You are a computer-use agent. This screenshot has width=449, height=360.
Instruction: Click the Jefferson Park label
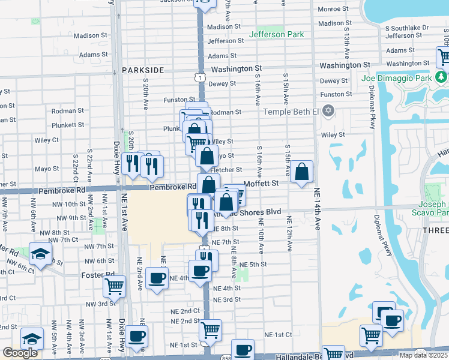click(276, 35)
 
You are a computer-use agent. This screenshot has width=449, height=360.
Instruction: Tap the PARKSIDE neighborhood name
click(142, 70)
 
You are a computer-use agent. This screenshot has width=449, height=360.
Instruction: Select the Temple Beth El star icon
click(328, 111)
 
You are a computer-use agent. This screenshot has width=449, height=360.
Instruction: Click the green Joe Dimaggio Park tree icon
click(441, 77)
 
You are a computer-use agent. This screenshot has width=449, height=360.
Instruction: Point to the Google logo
click(20, 353)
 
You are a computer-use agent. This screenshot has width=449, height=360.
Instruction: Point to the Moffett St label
click(262, 183)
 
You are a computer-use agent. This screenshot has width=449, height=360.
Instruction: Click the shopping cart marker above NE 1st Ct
click(210, 329)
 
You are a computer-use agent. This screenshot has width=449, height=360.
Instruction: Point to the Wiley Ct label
click(47, 140)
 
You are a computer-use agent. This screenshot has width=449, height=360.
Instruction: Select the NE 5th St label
click(253, 265)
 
